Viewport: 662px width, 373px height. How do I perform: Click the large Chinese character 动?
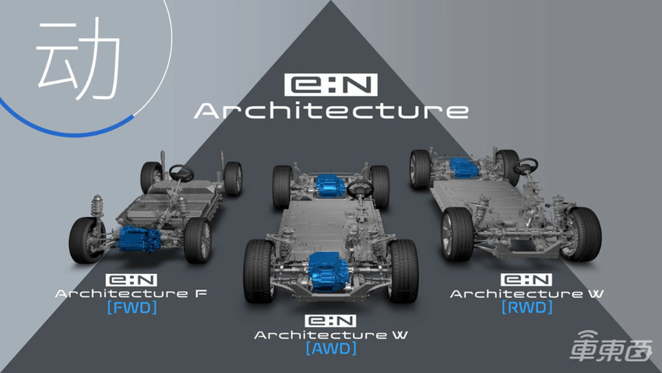point(79,59)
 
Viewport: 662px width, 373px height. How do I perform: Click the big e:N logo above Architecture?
point(330,84)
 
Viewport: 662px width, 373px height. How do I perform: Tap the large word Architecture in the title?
point(332,110)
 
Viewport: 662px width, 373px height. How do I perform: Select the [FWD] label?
point(132,307)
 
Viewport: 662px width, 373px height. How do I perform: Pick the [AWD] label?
point(332,349)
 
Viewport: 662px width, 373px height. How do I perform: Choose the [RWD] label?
point(527,307)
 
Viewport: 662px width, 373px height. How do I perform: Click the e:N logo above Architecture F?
point(132,280)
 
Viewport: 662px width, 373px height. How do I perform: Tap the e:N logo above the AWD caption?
point(330,321)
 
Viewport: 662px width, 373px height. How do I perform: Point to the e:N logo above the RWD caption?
point(526,279)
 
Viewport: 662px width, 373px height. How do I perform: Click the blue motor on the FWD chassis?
point(139,239)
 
